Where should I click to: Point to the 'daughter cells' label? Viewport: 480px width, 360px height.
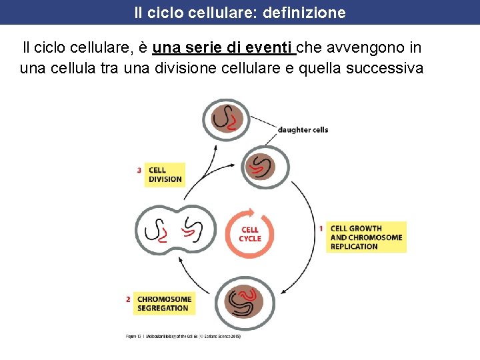coord(303,129)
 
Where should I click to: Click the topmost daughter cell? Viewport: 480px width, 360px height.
coord(226,120)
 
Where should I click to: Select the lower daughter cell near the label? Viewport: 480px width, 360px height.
coord(259,164)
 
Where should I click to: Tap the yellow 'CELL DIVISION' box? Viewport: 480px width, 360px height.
coord(165,175)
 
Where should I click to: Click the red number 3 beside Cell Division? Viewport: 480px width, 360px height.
coord(139,171)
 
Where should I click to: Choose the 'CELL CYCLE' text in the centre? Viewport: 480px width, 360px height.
coord(250,234)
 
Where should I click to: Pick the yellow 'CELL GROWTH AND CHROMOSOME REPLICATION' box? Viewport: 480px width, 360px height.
coord(366,237)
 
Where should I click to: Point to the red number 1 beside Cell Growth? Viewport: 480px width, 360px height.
coord(321,229)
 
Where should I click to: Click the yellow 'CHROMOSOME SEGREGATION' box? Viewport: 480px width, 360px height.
coord(164,303)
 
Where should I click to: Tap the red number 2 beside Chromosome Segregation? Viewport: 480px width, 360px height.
coord(128,299)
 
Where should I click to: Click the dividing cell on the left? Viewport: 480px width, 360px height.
coord(176,230)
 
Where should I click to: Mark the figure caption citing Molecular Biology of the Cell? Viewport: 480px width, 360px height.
coord(183,337)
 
